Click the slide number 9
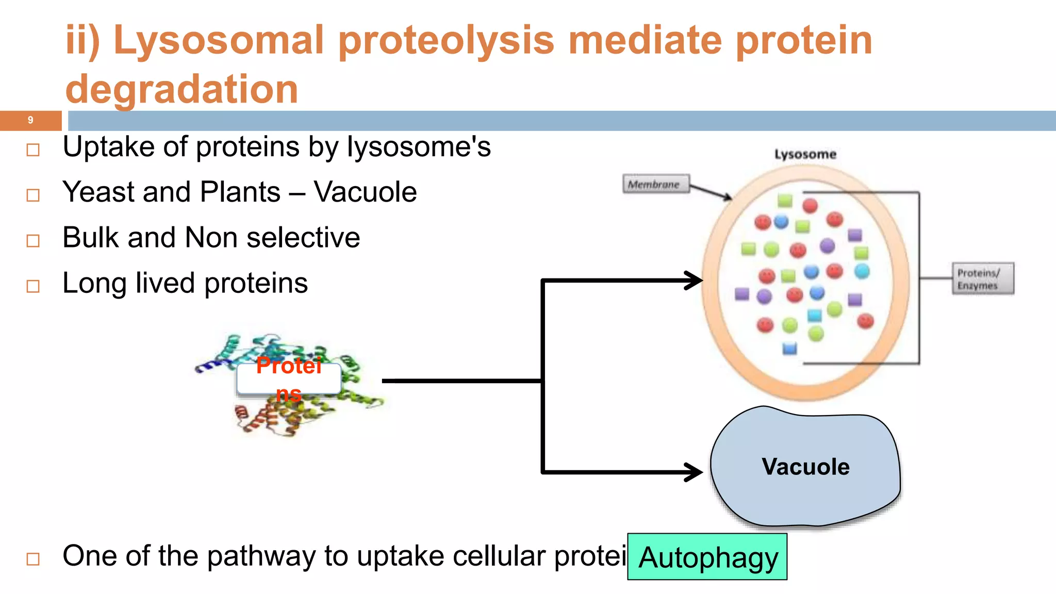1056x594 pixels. tap(30, 120)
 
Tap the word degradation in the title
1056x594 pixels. tap(181, 89)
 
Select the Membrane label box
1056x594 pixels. tap(655, 184)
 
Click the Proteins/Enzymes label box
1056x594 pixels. tap(982, 279)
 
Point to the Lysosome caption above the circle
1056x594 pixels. tap(805, 154)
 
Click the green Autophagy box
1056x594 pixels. tap(707, 557)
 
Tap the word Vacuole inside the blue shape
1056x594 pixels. tap(805, 467)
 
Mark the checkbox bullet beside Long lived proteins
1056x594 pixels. tap(33, 286)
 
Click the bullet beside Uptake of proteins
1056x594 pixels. tap(33, 150)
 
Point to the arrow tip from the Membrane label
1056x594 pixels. tap(730, 198)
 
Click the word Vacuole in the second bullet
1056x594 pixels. tap(365, 192)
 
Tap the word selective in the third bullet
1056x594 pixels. tap(303, 238)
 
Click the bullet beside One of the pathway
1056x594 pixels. tap(33, 559)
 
